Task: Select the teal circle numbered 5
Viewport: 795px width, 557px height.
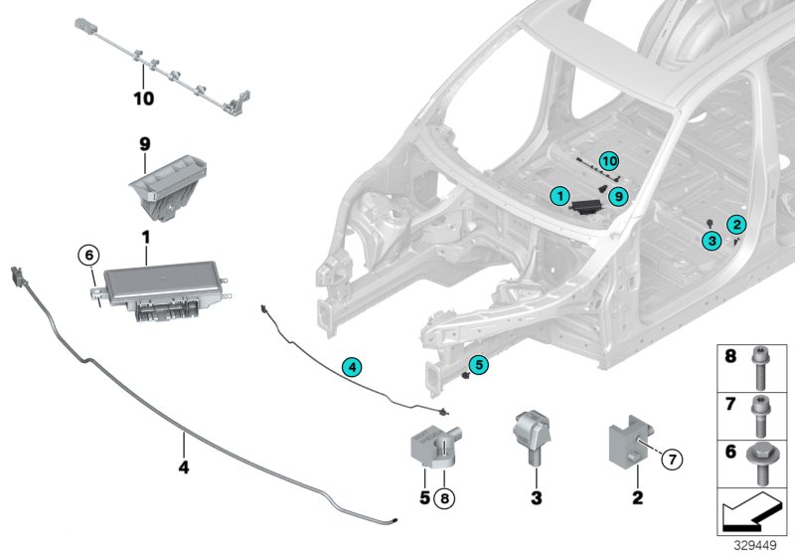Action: [x=479, y=365]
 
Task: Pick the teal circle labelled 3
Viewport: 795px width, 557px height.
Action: [x=711, y=240]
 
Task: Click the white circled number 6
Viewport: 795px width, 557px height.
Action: [x=89, y=257]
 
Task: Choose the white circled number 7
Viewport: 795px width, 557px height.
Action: [x=671, y=459]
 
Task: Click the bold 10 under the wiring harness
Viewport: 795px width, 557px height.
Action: [x=144, y=98]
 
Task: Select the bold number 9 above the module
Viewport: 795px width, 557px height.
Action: [x=144, y=145]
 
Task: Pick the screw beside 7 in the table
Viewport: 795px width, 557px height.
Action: [x=764, y=414]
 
